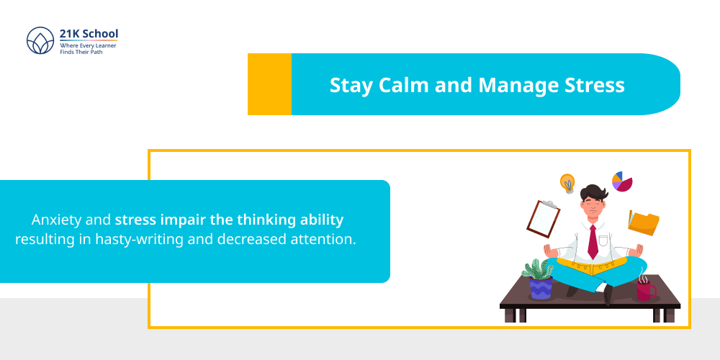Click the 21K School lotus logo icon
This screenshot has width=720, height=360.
(40, 42)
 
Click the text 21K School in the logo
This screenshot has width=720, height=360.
(89, 34)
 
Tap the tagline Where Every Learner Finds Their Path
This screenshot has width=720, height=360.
(88, 49)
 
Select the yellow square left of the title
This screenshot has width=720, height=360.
(269, 84)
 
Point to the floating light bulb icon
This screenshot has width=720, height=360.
(567, 183)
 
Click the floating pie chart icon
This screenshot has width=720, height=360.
(622, 181)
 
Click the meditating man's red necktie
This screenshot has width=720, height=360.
(593, 242)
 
